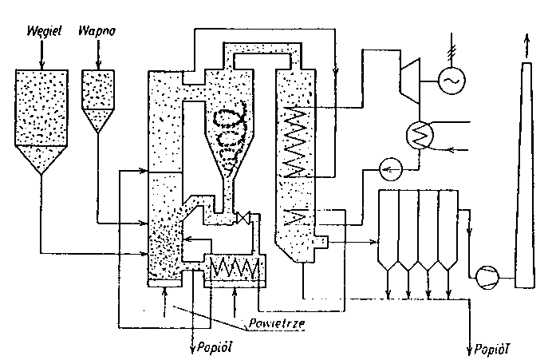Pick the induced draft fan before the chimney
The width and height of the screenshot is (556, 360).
point(484,275)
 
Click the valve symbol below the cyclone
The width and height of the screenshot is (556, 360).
point(243,217)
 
